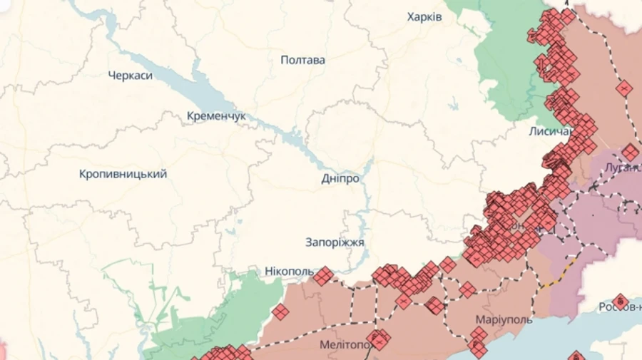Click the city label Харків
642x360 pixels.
coord(424,17)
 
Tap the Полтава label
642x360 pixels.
coord(302,60)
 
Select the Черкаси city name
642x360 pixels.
coord(131,76)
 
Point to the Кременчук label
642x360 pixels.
coord(216,115)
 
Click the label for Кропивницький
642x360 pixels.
coord(123,174)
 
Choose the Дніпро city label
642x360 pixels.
coord(340,179)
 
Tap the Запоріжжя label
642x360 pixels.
coord(335,242)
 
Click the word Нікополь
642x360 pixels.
coord(289,272)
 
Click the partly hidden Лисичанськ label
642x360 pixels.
coord(549,132)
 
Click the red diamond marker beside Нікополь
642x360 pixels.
coord(324,276)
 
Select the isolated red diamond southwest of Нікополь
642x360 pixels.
coord(280,312)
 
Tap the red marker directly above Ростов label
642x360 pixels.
coord(621,301)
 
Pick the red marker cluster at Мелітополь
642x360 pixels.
coord(379,339)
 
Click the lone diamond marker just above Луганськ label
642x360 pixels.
coord(630,152)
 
